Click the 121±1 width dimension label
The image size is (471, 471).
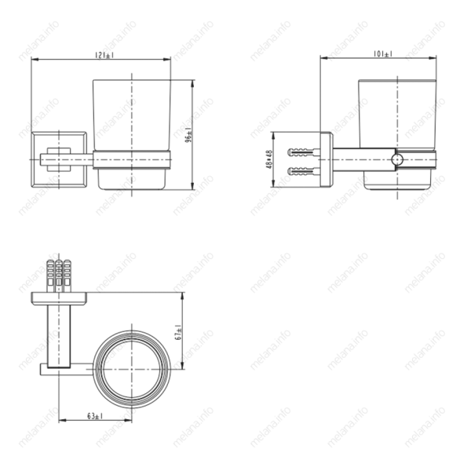point(101,54)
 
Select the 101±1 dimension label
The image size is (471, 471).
point(384,54)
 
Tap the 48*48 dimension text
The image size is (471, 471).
point(269,159)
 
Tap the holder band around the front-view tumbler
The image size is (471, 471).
point(132,159)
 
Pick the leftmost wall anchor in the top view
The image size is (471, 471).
point(51,275)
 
